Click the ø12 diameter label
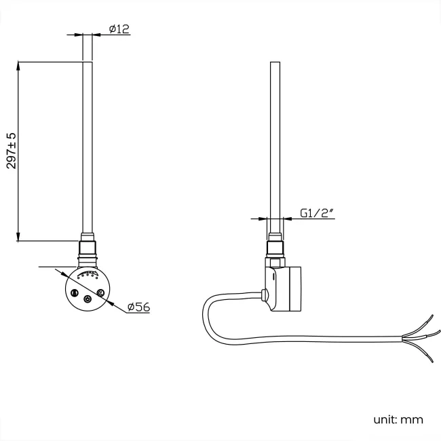[119, 29]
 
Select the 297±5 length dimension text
[12, 151]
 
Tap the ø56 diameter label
[138, 307]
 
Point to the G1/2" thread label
[317, 213]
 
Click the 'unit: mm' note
[398, 419]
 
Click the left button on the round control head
[75, 293]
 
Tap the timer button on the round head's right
[100, 293]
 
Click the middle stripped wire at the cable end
[421, 334]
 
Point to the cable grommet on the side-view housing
[265, 295]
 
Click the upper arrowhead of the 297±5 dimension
[18, 66]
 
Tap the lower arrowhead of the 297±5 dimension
[18, 237]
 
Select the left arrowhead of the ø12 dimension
[78, 35]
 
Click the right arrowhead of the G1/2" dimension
[288, 218]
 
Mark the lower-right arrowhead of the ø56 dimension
[111, 303]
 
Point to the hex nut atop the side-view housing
[275, 263]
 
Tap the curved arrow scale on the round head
[88, 274]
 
